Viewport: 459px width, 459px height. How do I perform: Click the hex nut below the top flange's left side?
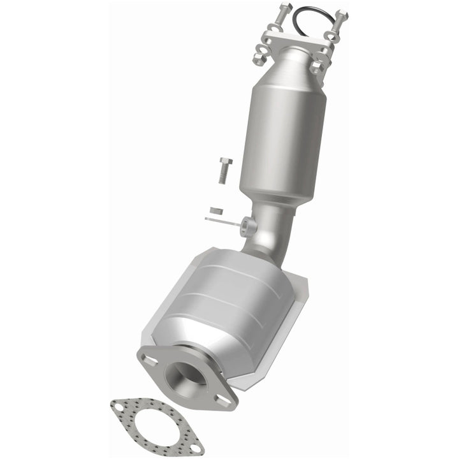(259, 58)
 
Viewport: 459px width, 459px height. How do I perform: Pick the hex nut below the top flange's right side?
(317, 66)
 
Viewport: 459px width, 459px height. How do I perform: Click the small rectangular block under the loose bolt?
(216, 210)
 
